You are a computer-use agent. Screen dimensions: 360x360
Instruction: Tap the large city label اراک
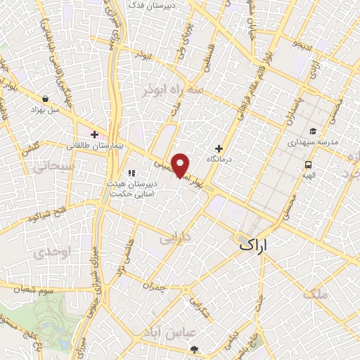pyautogui.click(x=254, y=245)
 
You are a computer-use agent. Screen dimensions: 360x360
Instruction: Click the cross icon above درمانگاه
pyautogui.click(x=219, y=148)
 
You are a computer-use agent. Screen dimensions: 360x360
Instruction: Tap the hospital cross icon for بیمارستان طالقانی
pyautogui.click(x=94, y=134)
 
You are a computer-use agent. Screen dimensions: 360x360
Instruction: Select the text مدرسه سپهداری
pyautogui.click(x=313, y=141)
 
